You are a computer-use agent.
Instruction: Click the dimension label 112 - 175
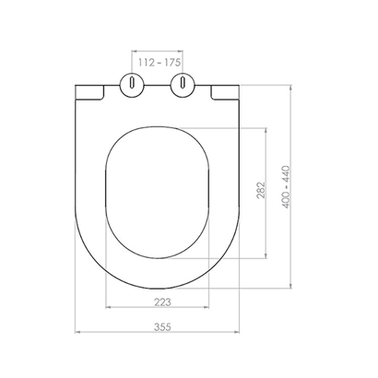click(159, 63)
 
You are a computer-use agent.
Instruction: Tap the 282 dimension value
click(261, 190)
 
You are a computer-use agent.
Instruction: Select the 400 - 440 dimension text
click(286, 187)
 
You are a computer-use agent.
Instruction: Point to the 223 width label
click(162, 302)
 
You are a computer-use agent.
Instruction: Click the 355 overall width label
click(162, 327)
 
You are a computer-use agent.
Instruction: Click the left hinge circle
click(132, 85)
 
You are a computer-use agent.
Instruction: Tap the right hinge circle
click(183, 85)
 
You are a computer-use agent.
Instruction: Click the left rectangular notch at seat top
click(89, 92)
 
